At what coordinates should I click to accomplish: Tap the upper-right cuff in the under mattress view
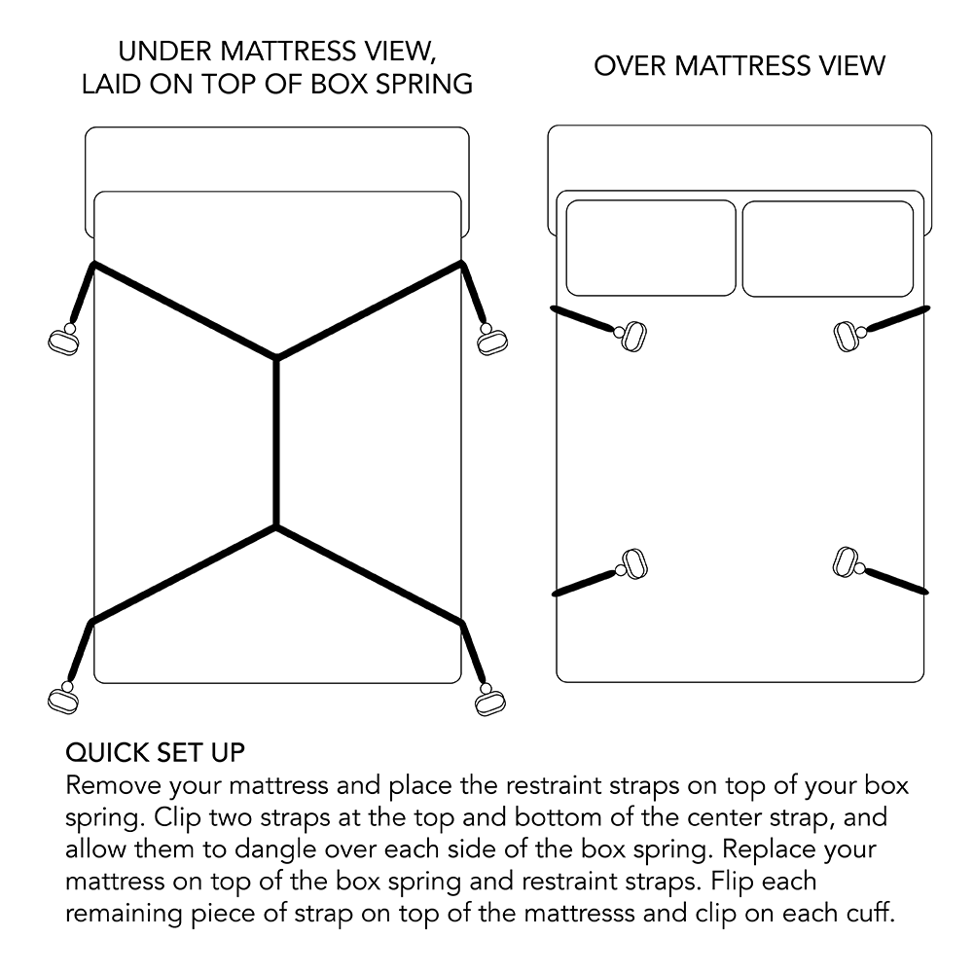click(491, 340)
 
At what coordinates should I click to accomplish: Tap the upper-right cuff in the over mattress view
click(848, 336)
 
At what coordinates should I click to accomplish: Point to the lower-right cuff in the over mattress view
click(846, 561)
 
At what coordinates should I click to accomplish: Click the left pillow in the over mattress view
click(651, 248)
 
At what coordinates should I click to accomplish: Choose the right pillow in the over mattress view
click(828, 248)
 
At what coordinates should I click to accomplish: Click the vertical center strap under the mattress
click(277, 443)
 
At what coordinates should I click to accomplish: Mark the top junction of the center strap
click(277, 359)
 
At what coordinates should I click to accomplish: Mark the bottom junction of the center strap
click(277, 527)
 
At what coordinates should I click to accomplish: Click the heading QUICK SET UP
click(155, 752)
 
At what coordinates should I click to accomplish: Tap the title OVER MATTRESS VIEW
click(740, 65)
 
